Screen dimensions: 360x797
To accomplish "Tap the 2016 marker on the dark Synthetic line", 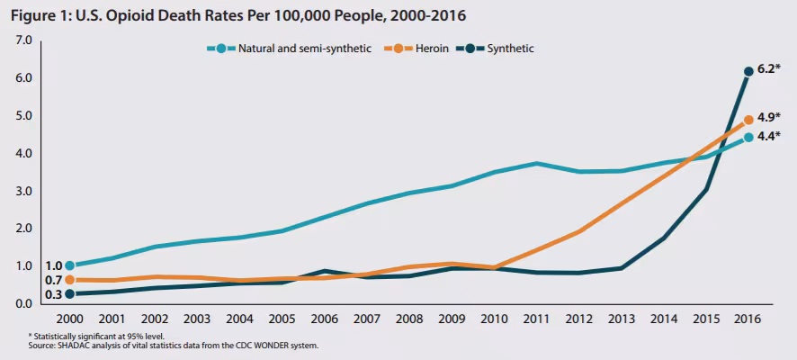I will [748, 71].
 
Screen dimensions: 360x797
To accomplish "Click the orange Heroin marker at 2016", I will [748, 120].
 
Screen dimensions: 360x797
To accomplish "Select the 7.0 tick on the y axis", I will [23, 40].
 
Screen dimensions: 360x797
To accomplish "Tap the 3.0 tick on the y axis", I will [23, 191].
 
